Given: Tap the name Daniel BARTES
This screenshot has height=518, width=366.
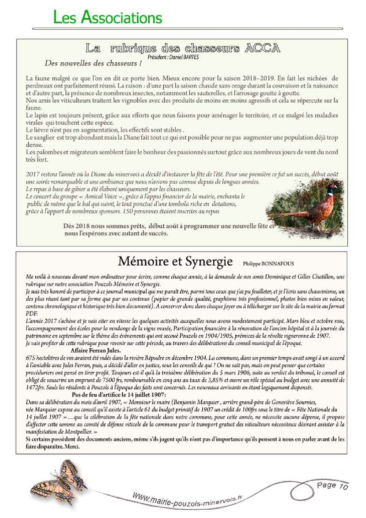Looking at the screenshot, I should point(183,58).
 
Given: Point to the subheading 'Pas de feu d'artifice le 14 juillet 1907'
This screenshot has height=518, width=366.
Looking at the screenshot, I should point(119,394).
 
